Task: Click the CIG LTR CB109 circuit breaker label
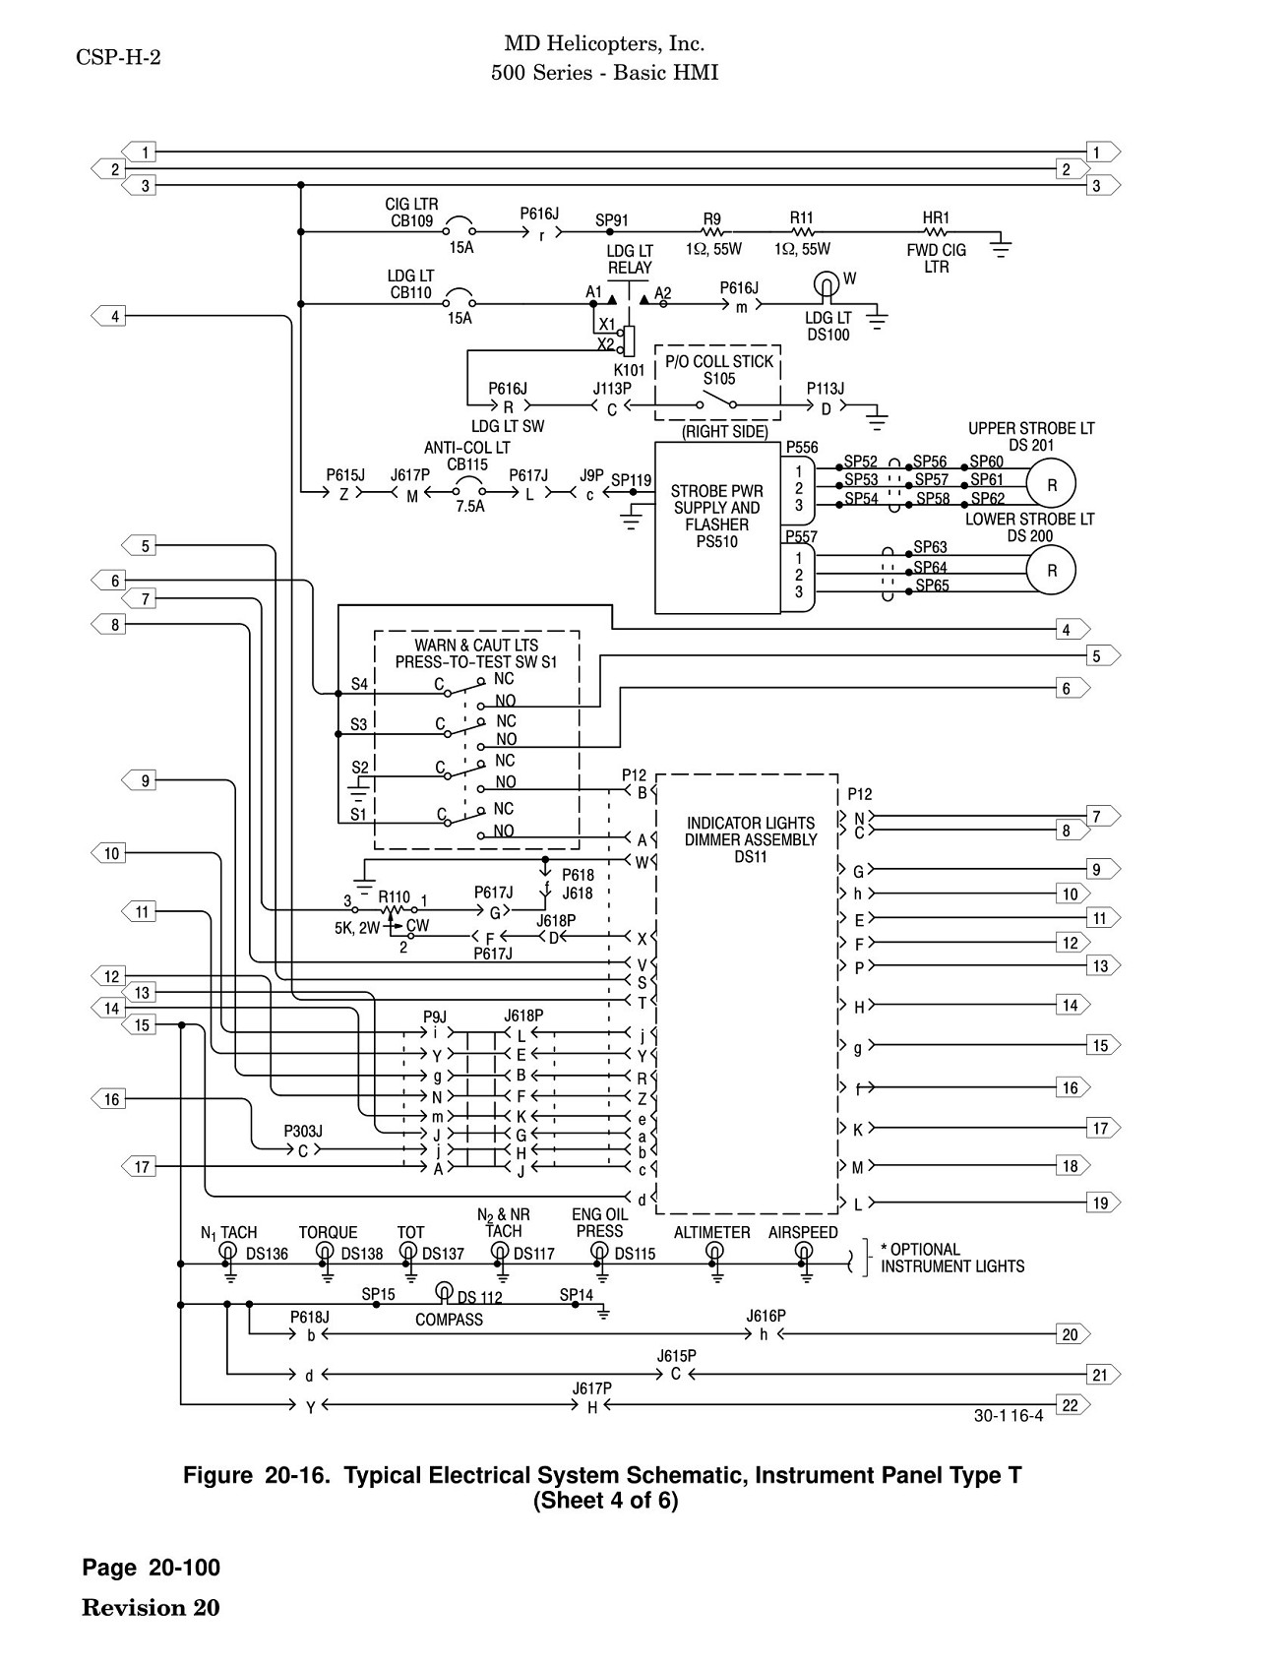[411, 213]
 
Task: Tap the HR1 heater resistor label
[936, 217]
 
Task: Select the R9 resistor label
[712, 217]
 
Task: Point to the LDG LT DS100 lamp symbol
[826, 286]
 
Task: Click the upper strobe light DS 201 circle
[1051, 484]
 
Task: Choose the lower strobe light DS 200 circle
[1051, 570]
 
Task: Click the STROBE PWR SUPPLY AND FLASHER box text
[716, 516]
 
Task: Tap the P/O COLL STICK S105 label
[718, 369]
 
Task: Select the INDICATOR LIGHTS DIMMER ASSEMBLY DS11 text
[751, 839]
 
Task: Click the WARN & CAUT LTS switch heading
[476, 653]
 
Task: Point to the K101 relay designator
[629, 370]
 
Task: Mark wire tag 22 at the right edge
[1070, 1405]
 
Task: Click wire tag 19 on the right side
[1101, 1202]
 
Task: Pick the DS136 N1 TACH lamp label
[267, 1254]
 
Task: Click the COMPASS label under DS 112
[449, 1320]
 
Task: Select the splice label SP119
[632, 480]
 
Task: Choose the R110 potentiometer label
[394, 896]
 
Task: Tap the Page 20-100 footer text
[152, 1568]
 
